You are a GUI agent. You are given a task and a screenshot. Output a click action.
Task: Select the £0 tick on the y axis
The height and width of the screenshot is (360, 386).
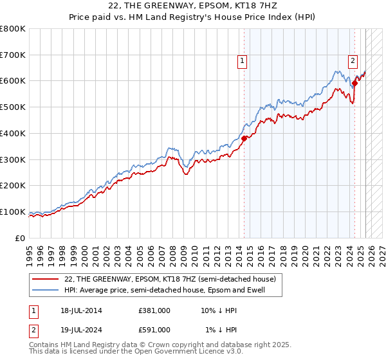[21, 238]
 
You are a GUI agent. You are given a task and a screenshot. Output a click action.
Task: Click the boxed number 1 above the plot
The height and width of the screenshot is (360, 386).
[243, 61]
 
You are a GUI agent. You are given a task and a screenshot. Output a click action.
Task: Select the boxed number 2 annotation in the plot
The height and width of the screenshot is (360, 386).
[353, 61]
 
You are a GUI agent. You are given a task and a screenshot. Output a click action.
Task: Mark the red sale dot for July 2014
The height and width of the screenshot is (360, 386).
[244, 138]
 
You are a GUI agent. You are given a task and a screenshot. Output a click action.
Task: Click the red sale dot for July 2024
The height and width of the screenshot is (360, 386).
[354, 82]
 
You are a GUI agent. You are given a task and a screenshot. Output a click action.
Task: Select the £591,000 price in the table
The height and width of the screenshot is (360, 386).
[154, 329]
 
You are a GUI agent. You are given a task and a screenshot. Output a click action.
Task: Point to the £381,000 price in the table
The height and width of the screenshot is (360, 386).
[154, 310]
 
